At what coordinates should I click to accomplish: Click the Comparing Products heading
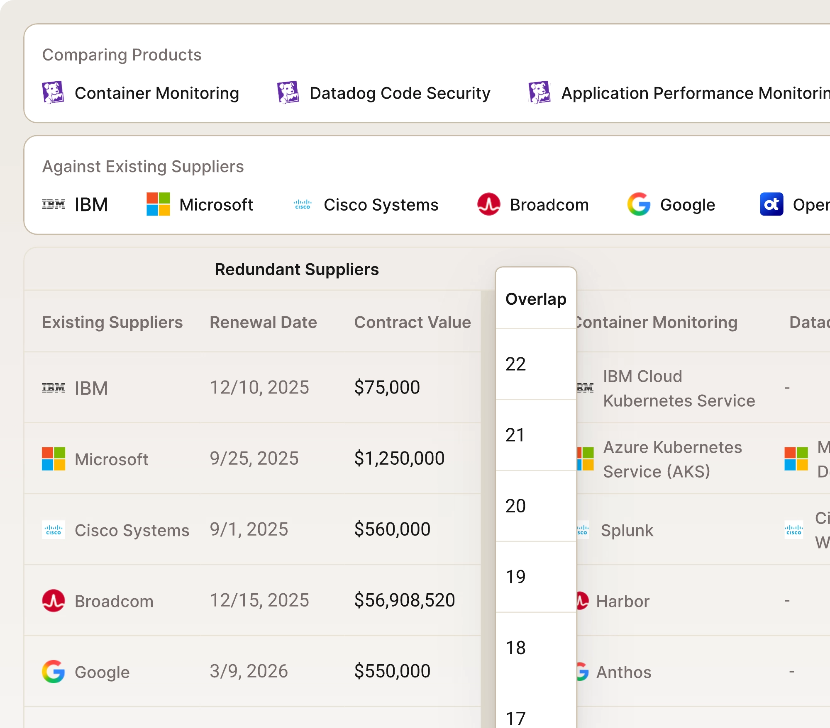click(122, 55)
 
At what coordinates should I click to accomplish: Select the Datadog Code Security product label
click(400, 93)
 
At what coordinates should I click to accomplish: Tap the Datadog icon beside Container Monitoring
click(53, 92)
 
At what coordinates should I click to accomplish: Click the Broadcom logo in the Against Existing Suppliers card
click(488, 204)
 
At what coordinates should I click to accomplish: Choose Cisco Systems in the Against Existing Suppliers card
click(381, 205)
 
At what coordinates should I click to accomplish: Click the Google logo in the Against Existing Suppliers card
click(639, 204)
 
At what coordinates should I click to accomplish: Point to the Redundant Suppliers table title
click(296, 269)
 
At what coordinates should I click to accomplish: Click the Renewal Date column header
click(263, 323)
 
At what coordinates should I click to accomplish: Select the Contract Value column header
click(412, 323)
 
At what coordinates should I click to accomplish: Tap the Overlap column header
click(536, 299)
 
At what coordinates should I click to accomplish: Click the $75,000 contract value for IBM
click(387, 388)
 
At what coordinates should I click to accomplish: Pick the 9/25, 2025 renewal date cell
click(254, 459)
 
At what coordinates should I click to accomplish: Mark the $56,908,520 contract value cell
click(404, 600)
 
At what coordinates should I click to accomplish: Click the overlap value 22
click(516, 364)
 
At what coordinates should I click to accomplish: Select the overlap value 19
click(516, 577)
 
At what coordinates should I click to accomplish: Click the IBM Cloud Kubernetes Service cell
click(679, 388)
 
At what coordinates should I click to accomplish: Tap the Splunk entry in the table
click(627, 531)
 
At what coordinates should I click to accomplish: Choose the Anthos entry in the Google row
click(623, 672)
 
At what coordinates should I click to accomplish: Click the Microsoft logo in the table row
click(54, 459)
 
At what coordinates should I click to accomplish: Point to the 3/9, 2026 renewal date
click(249, 671)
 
